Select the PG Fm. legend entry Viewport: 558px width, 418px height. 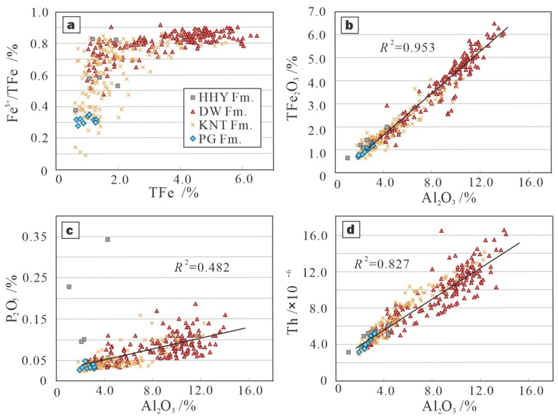(x=216, y=139)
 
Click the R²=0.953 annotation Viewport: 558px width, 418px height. (x=407, y=47)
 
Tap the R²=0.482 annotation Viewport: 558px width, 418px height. (x=202, y=267)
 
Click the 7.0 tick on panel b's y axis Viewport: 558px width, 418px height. (x=319, y=12)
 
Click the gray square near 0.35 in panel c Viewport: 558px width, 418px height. (x=108, y=239)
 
